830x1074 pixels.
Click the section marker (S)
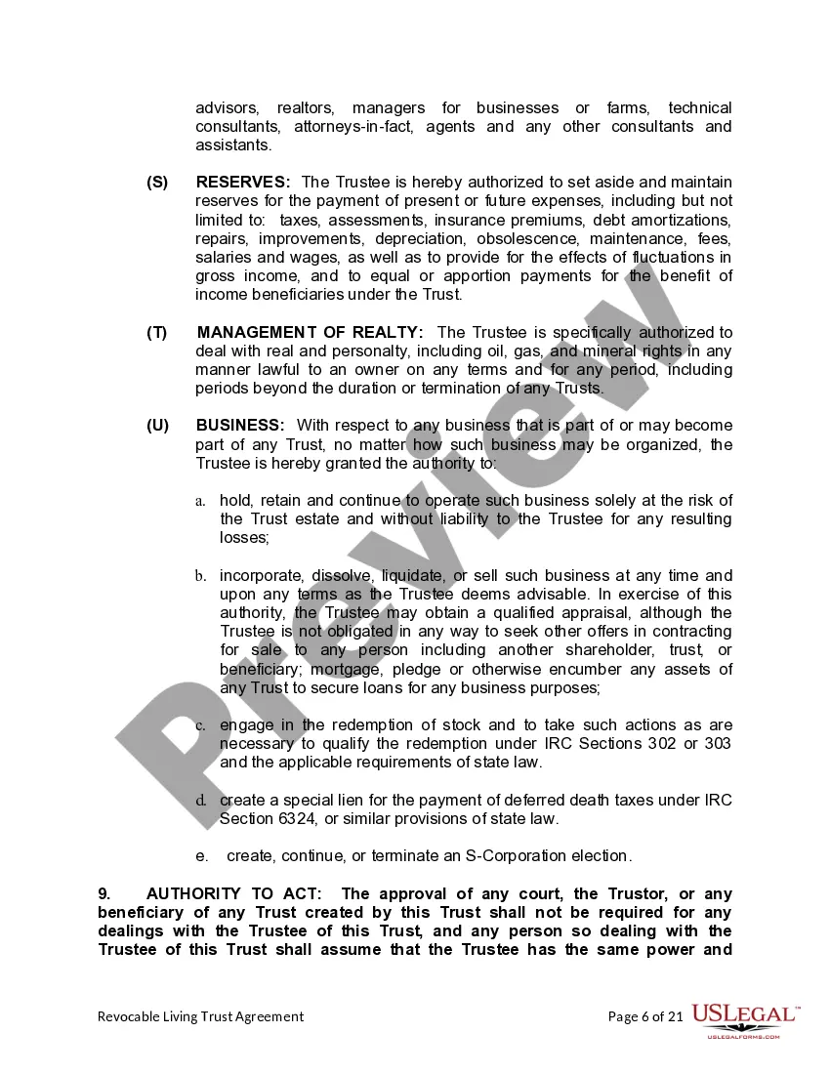[157, 183]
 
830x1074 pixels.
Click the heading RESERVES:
[243, 183]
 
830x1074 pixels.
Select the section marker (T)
[157, 333]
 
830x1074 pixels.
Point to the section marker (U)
[157, 426]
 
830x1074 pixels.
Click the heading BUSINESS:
[240, 426]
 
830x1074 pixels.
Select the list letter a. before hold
[200, 501]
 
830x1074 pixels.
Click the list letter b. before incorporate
[200, 576]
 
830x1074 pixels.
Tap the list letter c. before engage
[200, 725]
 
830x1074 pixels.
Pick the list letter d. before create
[200, 801]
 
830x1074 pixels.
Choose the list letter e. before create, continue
[201, 856]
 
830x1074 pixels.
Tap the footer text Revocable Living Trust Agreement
[200, 1016]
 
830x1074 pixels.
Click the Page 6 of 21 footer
[644, 1016]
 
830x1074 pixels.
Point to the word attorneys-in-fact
[370, 127]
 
